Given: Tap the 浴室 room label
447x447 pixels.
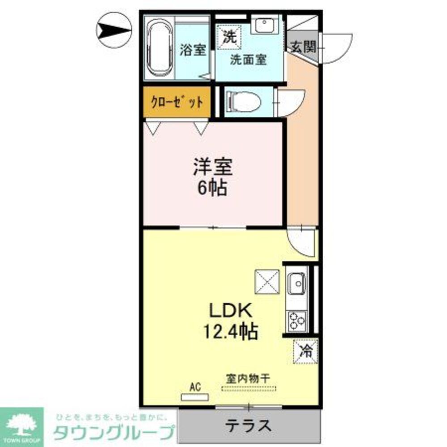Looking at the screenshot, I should click(193, 50).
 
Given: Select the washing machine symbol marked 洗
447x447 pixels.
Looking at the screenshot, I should click(229, 37).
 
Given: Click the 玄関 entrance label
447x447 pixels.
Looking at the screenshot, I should click(304, 46).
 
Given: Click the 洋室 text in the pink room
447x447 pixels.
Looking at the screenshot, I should click(212, 169).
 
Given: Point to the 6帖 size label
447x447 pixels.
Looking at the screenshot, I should click(212, 189).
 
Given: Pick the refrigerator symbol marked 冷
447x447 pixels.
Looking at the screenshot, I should click(306, 351).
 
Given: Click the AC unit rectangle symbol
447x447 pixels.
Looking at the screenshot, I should click(194, 396).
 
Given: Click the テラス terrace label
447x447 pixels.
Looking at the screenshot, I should click(249, 424).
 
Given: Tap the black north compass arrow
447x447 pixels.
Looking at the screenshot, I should click(114, 30).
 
